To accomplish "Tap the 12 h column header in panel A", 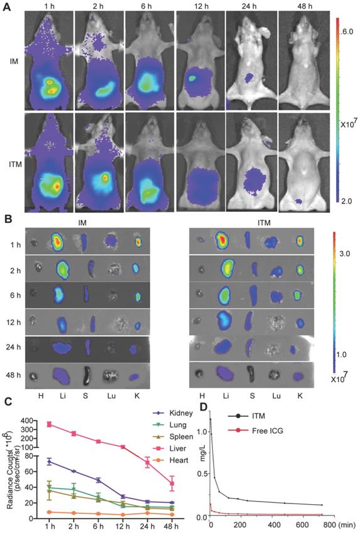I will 201,6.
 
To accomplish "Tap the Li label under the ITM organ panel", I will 222,394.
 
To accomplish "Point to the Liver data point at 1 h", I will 48,424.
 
